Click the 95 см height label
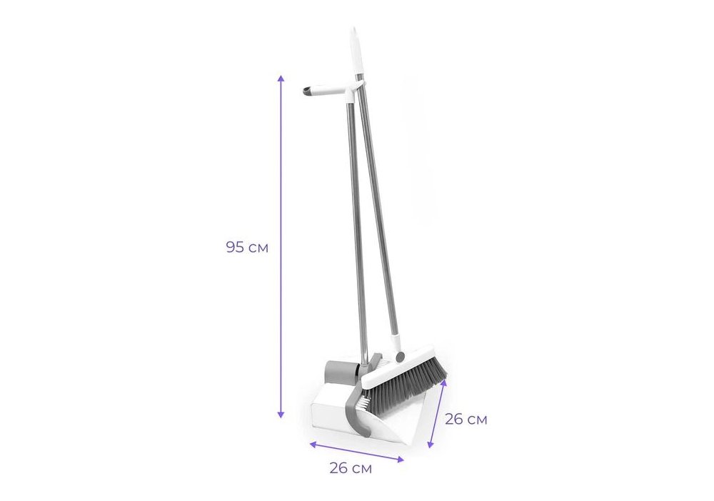pyautogui.click(x=247, y=247)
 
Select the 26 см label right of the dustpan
pyautogui.click(x=466, y=420)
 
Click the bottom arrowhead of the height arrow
pyautogui.click(x=281, y=415)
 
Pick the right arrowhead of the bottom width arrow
pyautogui.click(x=401, y=460)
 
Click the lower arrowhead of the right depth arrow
pyautogui.click(x=431, y=445)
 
